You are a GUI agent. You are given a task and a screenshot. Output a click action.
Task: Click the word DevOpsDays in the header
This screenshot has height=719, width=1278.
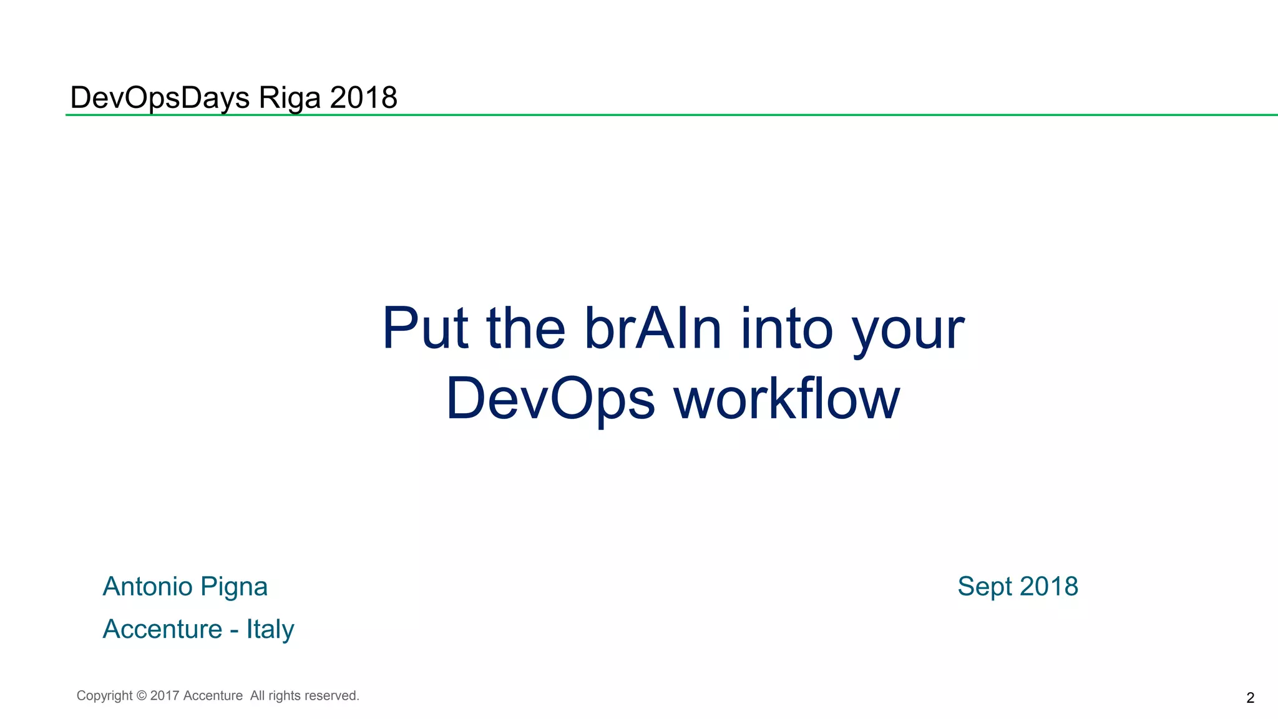click(x=160, y=98)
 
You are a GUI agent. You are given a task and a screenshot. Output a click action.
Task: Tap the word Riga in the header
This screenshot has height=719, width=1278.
click(x=290, y=98)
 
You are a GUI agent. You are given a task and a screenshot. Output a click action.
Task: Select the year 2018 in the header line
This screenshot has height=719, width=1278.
click(x=364, y=98)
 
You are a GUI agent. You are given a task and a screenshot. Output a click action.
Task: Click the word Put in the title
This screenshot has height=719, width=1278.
click(x=424, y=328)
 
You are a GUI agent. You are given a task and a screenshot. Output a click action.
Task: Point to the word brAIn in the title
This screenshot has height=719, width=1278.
click(x=653, y=328)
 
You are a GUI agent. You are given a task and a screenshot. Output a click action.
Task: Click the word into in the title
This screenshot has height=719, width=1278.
click(x=787, y=328)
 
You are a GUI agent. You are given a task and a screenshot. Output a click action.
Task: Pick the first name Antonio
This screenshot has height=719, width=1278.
click(x=147, y=587)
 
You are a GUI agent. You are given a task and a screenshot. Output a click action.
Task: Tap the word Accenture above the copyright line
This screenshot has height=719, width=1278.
click(x=162, y=629)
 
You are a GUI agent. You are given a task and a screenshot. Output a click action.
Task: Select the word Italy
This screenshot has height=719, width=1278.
click(x=270, y=630)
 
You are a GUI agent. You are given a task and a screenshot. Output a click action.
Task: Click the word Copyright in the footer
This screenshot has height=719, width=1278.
click(x=104, y=696)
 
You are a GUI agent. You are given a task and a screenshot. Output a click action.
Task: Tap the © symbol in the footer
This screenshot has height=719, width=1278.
click(x=142, y=696)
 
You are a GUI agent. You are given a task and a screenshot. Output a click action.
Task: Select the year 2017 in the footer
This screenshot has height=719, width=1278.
click(x=165, y=696)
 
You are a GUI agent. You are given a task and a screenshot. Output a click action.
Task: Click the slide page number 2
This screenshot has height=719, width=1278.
click(x=1250, y=698)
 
